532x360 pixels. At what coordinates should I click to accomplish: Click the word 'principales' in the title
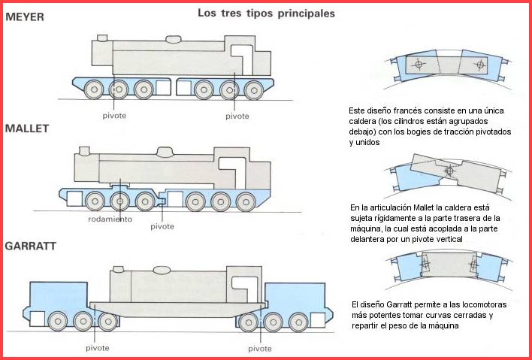[303, 14]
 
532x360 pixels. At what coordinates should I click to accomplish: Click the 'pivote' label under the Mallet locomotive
[162, 225]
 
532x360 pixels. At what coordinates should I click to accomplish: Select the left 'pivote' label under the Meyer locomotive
[116, 116]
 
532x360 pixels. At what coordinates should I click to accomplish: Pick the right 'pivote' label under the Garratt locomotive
[260, 348]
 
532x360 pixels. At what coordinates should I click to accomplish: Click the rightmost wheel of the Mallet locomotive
[245, 201]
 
